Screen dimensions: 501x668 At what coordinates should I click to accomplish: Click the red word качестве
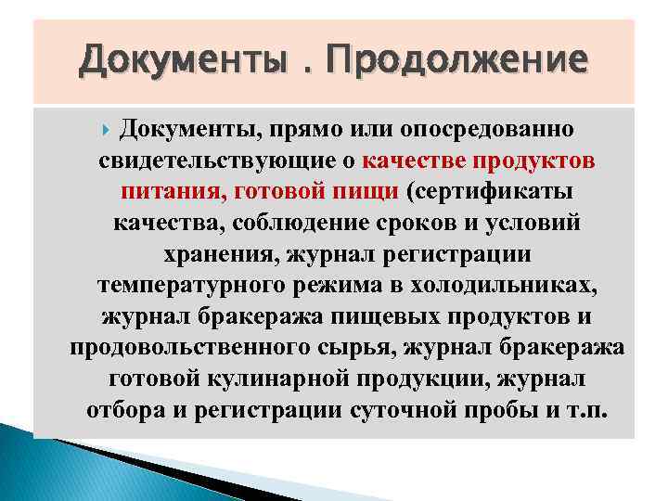(x=414, y=160)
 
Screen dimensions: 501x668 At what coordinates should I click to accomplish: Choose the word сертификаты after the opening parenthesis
(x=506, y=191)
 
